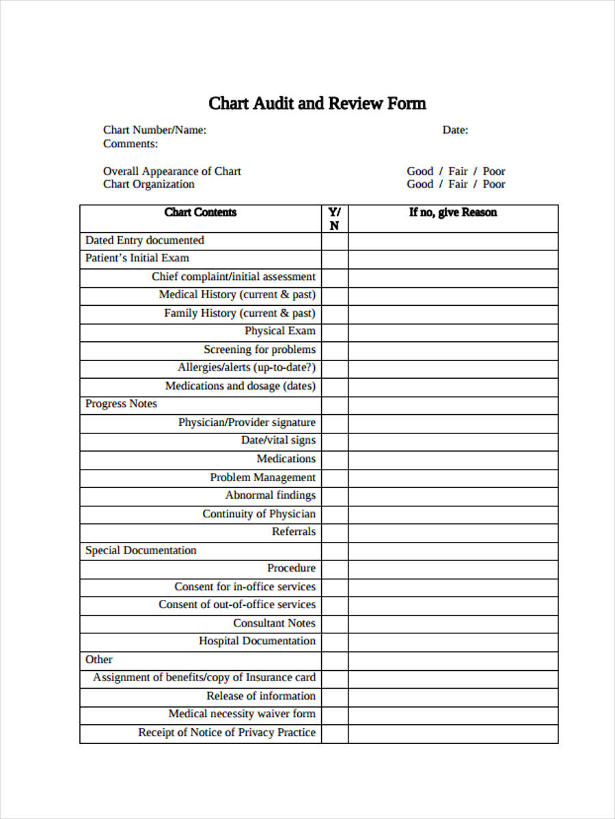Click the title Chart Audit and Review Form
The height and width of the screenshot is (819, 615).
pos(317,104)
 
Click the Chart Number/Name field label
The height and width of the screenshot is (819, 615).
pos(154,130)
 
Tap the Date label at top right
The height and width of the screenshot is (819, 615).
pos(454,130)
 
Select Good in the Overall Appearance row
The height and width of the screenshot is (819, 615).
pos(420,171)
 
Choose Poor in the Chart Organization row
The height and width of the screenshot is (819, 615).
pos(493,184)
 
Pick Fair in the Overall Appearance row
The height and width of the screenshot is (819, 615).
pos(458,171)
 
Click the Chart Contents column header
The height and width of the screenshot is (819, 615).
pos(200,212)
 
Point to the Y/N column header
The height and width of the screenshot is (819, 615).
pos(334,219)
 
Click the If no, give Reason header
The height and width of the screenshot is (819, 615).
pos(452,212)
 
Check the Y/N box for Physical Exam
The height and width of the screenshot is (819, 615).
pos(334,332)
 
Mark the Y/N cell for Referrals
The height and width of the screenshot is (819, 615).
pos(334,532)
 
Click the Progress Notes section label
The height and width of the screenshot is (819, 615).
pos(121,404)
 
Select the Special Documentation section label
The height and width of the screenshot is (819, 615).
pos(141,550)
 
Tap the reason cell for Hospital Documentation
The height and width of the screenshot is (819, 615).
pos(452,642)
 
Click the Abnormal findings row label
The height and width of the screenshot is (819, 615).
pos(271,495)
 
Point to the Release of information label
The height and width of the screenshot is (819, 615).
pos(261,696)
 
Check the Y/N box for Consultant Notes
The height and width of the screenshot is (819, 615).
pos(334,623)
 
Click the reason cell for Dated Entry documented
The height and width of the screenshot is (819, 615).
pos(452,241)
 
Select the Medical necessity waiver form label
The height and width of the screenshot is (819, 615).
pos(242,714)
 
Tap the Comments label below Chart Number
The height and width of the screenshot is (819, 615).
pos(131,144)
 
